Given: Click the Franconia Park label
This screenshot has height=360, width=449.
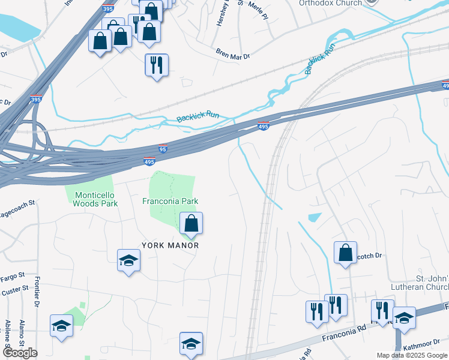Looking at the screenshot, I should tap(170, 201).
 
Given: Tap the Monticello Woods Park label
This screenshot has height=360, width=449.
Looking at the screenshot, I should tap(95, 199).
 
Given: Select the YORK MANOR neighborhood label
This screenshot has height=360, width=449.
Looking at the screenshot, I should tap(170, 245).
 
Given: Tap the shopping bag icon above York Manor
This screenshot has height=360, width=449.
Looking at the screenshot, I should tap(191, 224).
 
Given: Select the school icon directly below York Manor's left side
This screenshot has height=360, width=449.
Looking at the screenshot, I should tap(128, 260).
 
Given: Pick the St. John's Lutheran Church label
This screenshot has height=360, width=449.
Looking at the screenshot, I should tap(420, 283).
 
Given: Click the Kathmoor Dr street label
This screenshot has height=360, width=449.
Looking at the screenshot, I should tap(425, 347).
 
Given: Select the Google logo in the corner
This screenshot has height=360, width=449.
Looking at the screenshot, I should tap(20, 353).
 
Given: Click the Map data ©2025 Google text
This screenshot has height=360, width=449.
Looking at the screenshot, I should tap(411, 355).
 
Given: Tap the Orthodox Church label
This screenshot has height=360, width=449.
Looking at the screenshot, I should tap(331, 3).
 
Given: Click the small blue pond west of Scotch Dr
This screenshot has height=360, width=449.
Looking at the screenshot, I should tap(313, 217).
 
